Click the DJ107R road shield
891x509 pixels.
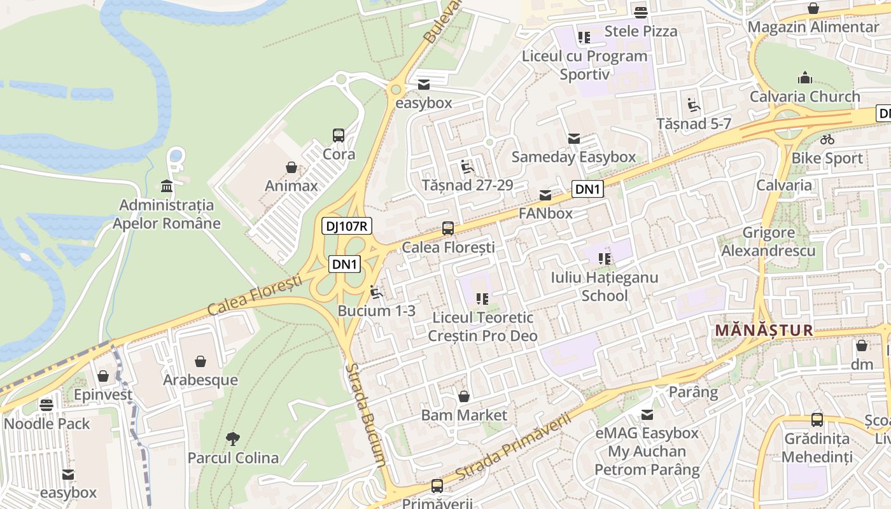346,226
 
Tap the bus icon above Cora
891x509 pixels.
339,135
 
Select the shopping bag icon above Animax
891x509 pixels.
291,167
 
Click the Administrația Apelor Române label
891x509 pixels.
167,214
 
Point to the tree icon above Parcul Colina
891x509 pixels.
233,438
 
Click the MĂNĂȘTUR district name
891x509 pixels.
764,330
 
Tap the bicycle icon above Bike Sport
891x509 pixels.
827,139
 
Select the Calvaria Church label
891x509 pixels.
804,97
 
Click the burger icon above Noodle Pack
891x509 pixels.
46,405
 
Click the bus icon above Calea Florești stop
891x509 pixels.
448,228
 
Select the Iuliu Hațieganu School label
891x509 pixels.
604,286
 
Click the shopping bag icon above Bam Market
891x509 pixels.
464,396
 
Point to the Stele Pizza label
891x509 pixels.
640,31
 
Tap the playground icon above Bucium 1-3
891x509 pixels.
376,293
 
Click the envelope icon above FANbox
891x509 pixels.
545,195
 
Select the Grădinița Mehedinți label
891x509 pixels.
817,448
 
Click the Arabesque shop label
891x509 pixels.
200,380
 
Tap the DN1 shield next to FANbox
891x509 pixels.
587,189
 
